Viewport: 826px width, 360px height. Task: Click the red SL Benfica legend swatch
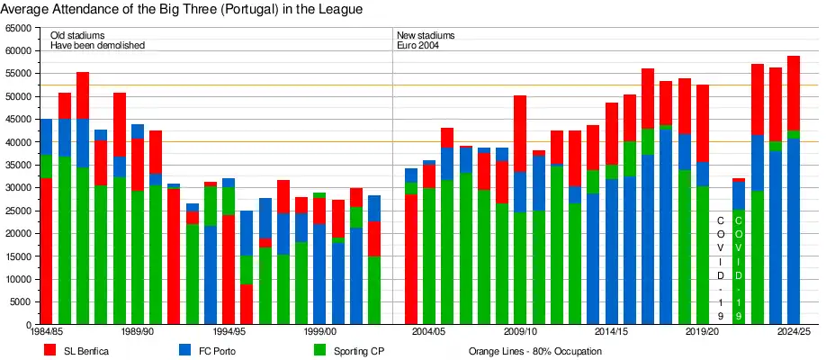tap(50, 350)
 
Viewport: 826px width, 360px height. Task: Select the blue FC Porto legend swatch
tap(184, 350)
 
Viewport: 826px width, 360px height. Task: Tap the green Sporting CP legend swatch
tap(319, 350)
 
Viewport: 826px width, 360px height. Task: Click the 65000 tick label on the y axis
tap(16, 28)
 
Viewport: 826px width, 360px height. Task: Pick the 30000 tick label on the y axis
tap(16, 188)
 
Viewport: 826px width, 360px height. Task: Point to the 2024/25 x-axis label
tap(794, 332)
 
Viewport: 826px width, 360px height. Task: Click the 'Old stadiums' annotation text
tap(77, 35)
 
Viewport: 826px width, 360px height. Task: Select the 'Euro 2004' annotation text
tap(417, 45)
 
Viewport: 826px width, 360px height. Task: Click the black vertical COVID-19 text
tap(721, 267)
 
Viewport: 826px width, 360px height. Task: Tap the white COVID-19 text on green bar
tap(739, 267)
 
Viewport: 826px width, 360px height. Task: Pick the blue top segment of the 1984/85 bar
tap(46, 137)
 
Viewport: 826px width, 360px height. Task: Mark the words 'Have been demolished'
tap(97, 45)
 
